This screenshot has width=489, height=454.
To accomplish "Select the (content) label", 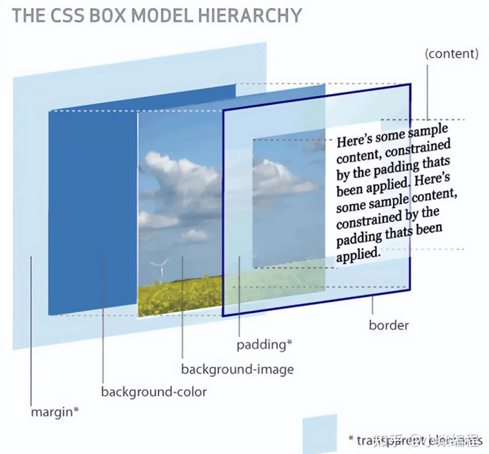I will click(x=452, y=53).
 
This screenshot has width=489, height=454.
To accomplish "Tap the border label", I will click(x=388, y=325).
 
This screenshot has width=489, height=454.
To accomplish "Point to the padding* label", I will click(x=265, y=344).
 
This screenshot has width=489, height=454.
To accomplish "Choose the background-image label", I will click(x=237, y=369).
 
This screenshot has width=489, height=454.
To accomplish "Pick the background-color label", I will click(x=154, y=392).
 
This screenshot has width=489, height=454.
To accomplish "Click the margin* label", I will click(x=55, y=413).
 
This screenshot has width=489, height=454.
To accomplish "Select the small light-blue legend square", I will click(x=319, y=433).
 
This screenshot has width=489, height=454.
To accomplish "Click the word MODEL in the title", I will click(x=159, y=15).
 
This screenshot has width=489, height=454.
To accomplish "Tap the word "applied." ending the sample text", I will click(x=358, y=254).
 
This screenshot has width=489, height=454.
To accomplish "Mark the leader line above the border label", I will click(x=374, y=305).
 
